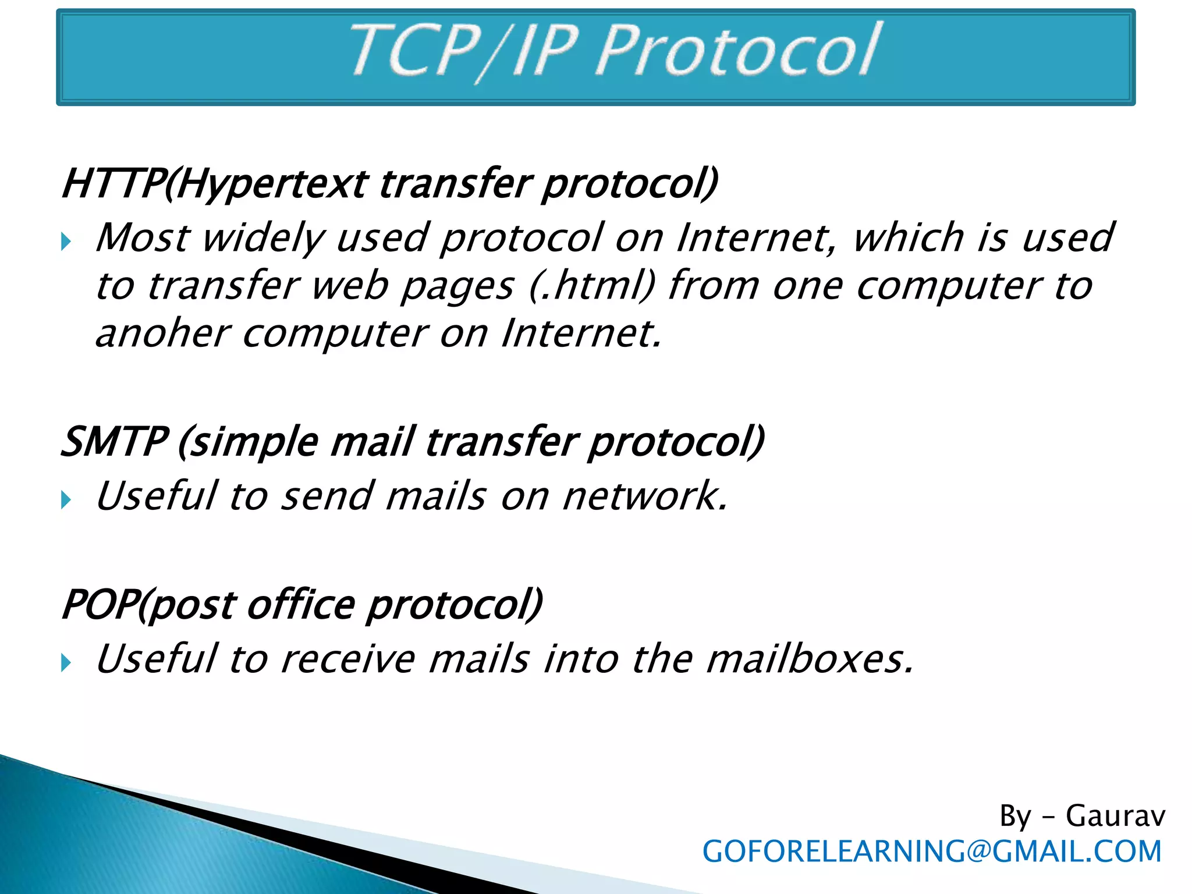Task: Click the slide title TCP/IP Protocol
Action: (x=615, y=52)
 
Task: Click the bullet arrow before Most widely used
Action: (x=66, y=241)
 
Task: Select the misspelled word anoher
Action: (x=163, y=334)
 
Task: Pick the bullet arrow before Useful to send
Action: (x=66, y=499)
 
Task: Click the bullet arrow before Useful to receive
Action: (x=66, y=662)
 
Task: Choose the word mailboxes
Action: (x=809, y=659)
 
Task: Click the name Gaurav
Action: (x=1115, y=816)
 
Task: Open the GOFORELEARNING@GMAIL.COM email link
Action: (x=932, y=852)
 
